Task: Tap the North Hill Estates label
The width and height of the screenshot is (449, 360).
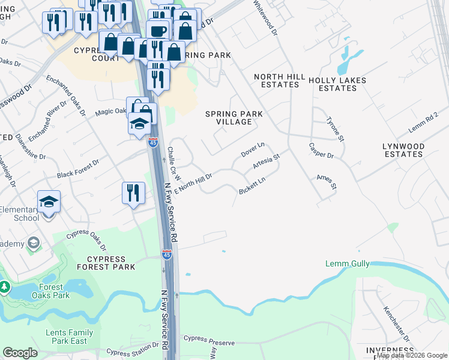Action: pyautogui.click(x=276, y=80)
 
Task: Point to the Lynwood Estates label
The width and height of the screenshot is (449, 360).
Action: pyautogui.click(x=403, y=150)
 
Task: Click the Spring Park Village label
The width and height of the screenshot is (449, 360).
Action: pyautogui.click(x=234, y=118)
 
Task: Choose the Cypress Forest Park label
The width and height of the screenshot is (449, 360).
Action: pyautogui.click(x=106, y=263)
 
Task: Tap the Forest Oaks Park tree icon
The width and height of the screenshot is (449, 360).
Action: pyautogui.click(x=5, y=287)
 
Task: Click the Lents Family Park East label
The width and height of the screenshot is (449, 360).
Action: pyautogui.click(x=69, y=337)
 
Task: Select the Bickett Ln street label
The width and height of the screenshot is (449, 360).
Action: pyautogui.click(x=252, y=185)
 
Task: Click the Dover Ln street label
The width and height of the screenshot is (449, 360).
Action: pyautogui.click(x=253, y=150)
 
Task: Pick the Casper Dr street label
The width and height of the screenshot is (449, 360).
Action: pyautogui.click(x=321, y=150)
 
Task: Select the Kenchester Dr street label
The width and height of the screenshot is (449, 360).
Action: pyautogui.click(x=397, y=325)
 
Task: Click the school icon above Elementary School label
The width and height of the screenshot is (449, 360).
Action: pyautogui.click(x=49, y=202)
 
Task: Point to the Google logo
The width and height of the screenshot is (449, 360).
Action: pyautogui.click(x=20, y=352)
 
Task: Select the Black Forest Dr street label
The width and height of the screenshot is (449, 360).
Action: pyautogui.click(x=78, y=170)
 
